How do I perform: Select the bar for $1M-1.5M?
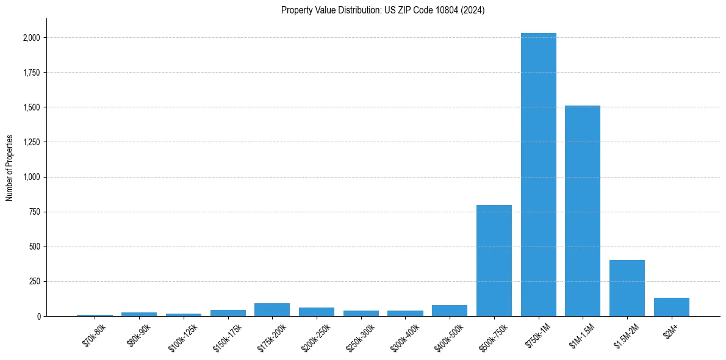point(583,211)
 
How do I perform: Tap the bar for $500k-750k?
point(494,261)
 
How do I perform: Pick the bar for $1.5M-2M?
point(627,288)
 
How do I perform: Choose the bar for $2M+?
point(671,307)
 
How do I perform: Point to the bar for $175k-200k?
point(272,309)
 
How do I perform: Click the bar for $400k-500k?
point(450,311)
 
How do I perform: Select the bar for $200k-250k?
point(316,312)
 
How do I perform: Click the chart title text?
point(383,10)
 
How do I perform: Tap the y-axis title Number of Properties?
point(10,168)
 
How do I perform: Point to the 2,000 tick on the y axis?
point(31,38)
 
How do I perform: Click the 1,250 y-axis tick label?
point(31,142)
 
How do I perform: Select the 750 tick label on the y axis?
point(34,212)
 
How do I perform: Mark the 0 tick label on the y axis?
point(38,316)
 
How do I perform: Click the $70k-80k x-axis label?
point(94,336)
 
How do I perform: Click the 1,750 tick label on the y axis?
point(31,73)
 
